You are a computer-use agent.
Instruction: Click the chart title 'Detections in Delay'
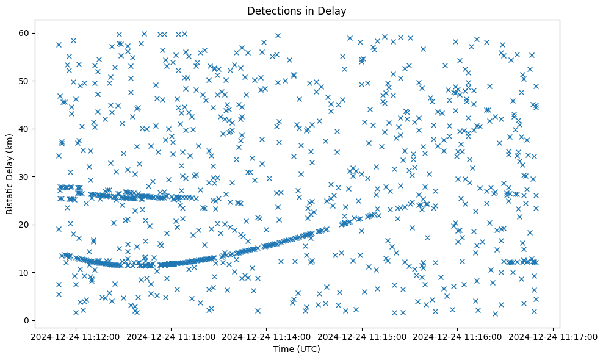[296, 10]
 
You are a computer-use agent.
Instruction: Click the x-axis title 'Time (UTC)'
[296, 349]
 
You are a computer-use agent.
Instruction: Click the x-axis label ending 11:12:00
[75, 336]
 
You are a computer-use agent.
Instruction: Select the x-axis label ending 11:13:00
[171, 336]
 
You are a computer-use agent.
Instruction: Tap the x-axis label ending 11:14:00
[267, 336]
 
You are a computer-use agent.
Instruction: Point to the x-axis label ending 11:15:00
[363, 336]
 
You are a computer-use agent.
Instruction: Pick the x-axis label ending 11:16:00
[458, 336]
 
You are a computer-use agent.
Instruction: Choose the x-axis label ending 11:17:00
[554, 336]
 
